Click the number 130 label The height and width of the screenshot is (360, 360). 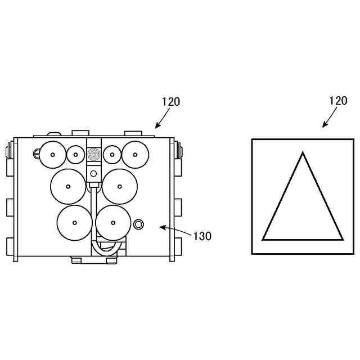pos(202,236)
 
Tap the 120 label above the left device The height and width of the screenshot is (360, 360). pos(171,102)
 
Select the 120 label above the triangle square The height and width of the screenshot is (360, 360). pos(338,101)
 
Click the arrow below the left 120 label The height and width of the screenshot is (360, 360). pos(163,118)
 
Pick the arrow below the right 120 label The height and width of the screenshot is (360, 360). pos(330,117)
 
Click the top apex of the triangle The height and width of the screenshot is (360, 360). pos(303,152)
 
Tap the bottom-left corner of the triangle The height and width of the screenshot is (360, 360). pos(263,240)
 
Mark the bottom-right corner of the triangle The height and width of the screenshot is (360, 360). pos(343,240)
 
